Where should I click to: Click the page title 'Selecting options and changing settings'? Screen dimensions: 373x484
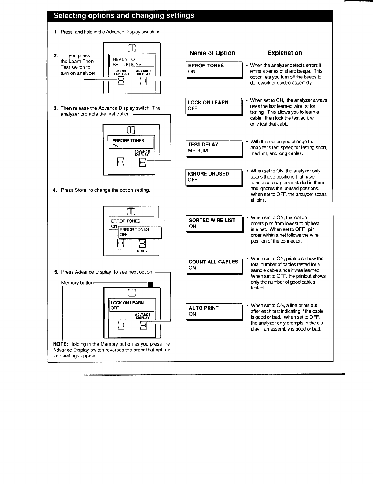tap(124, 16)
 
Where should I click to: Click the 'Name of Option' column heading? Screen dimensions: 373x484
tap(212, 53)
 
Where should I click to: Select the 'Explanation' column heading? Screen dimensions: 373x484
tap(285, 53)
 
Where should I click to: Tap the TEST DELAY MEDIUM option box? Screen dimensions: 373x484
tap(214, 149)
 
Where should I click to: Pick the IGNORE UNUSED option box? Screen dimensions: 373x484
tap(214, 178)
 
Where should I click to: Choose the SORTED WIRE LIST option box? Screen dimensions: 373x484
tap(215, 224)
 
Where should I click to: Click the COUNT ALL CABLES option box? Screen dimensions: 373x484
tap(215, 266)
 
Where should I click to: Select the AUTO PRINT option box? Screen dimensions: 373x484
tap(215, 312)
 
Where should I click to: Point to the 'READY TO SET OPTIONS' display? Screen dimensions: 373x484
tap(131, 61)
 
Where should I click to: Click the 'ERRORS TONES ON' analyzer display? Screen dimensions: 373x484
tap(131, 142)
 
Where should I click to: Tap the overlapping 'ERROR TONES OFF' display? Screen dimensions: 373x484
tap(140, 233)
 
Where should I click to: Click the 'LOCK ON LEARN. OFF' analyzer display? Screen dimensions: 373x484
tap(131, 305)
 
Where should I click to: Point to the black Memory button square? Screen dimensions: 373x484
tap(150, 285)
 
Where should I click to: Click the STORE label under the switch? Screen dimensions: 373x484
tap(142, 251)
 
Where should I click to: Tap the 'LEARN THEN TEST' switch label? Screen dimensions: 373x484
tap(121, 72)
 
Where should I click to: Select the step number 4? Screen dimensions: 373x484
tap(55, 190)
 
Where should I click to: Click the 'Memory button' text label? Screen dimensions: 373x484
tap(77, 283)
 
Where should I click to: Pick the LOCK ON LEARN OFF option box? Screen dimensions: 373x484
tap(214, 107)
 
